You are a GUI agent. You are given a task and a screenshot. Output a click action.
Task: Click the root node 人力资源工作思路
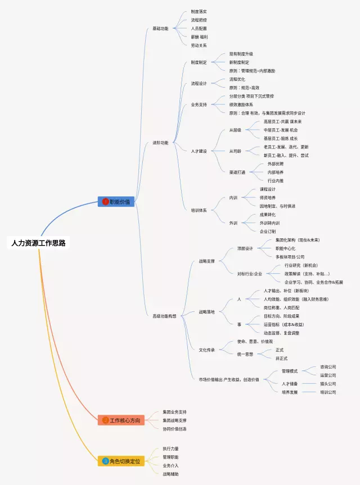point(39,243)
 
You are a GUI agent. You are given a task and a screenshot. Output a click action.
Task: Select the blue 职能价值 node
point(116,201)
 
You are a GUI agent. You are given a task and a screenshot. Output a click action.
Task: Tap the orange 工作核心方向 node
point(121,420)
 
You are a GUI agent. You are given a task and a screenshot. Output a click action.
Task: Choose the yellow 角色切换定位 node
point(121,461)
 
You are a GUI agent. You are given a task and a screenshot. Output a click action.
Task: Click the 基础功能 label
point(160,29)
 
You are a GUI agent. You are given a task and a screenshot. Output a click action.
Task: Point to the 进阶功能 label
point(160,143)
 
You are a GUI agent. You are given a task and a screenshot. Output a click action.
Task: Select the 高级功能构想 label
point(164,316)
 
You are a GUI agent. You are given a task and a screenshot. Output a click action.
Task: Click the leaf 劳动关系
point(199,46)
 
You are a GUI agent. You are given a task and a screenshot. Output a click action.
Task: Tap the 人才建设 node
point(199,151)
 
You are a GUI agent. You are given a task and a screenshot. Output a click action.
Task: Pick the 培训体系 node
point(199,210)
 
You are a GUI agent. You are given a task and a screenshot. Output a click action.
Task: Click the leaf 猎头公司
point(328,384)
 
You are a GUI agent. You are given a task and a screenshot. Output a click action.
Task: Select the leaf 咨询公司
point(328,366)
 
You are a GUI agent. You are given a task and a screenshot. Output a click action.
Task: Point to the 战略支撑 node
point(206,261)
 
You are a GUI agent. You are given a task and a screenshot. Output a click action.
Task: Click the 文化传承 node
point(206,350)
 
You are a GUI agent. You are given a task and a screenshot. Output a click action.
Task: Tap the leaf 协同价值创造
point(174,429)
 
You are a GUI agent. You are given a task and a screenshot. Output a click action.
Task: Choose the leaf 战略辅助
point(170,474)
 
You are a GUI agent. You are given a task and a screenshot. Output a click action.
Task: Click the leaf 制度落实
point(199,11)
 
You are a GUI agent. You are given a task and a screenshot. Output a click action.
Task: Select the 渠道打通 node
point(237,172)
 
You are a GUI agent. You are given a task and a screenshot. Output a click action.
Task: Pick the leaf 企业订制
point(267,231)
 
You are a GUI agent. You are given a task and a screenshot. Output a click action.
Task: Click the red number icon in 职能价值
point(105,201)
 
